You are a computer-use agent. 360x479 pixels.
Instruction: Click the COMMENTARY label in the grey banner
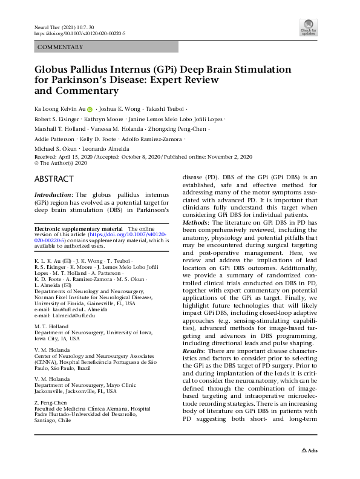tap(61, 47)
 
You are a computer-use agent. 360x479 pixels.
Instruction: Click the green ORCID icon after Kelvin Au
tap(90, 110)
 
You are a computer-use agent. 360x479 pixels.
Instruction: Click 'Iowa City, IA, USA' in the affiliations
tap(57, 339)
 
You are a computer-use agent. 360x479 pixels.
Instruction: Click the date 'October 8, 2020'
tap(136, 157)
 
